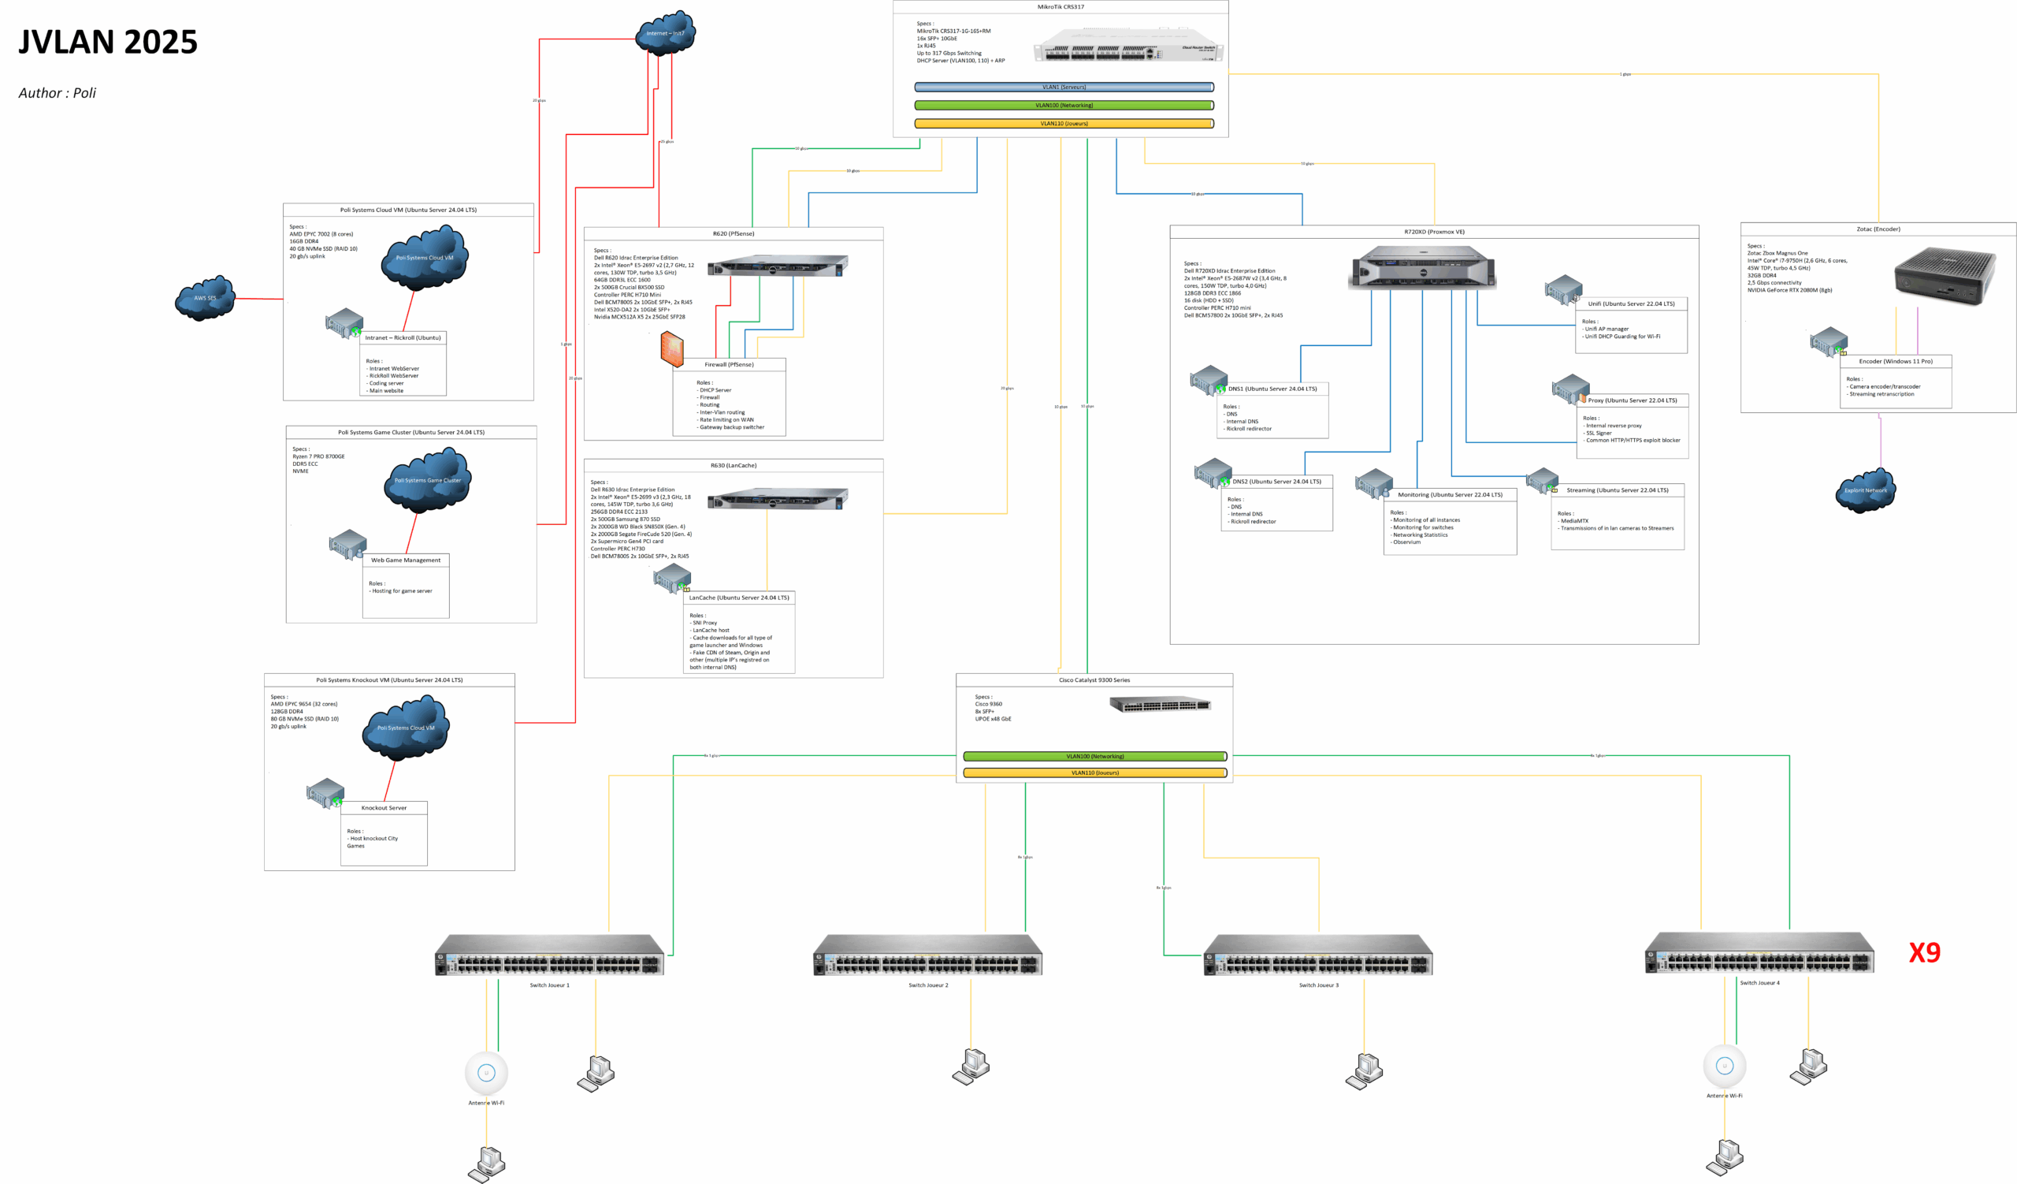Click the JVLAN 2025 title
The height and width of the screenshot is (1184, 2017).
pyautogui.click(x=108, y=42)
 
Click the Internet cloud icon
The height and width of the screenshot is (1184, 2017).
pyautogui.click(x=665, y=33)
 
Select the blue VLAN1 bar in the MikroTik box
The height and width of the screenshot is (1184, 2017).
pyautogui.click(x=1064, y=87)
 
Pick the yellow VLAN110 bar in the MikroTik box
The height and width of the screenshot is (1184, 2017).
pyautogui.click(x=1064, y=123)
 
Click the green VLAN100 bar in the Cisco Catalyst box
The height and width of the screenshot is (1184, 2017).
pyautogui.click(x=1094, y=756)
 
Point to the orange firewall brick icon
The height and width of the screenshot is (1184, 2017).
pyautogui.click(x=672, y=350)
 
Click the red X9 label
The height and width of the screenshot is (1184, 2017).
pyautogui.click(x=1924, y=951)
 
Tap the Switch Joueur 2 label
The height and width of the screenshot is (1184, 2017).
pyautogui.click(x=927, y=985)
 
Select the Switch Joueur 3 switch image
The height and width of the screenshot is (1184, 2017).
pyautogui.click(x=1317, y=955)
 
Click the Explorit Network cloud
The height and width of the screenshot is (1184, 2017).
pyautogui.click(x=1865, y=490)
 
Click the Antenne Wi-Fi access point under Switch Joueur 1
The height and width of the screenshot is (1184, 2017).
pyautogui.click(x=486, y=1073)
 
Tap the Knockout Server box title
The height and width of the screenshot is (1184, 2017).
pyautogui.click(x=384, y=808)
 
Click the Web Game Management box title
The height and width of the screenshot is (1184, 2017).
pyautogui.click(x=405, y=560)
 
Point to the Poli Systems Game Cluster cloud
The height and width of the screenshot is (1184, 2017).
pyautogui.click(x=427, y=479)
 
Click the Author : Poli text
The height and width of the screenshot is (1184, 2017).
pyautogui.click(x=57, y=93)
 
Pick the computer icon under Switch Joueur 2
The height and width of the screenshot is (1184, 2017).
pyautogui.click(x=971, y=1067)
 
